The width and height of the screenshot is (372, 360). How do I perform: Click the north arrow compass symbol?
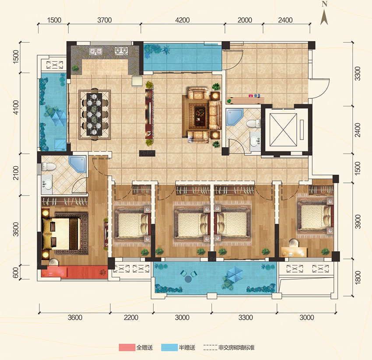(324, 14)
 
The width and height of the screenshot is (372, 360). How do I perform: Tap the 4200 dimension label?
(182, 20)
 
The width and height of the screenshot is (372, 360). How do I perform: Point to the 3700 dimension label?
(105, 20)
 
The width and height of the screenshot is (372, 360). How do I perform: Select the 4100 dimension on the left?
(16, 107)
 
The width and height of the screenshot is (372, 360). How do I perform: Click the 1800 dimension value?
(358, 277)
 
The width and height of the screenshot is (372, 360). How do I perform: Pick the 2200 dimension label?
(131, 317)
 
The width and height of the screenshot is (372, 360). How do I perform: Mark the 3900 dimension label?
(358, 221)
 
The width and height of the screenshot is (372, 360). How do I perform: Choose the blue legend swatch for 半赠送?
(169, 348)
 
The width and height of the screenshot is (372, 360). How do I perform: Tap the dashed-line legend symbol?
(210, 348)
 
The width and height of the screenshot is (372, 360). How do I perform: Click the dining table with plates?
(94, 114)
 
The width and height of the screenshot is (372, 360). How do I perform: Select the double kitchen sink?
(95, 51)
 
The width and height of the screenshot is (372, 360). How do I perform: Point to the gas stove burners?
(121, 51)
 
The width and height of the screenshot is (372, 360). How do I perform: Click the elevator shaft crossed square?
(284, 130)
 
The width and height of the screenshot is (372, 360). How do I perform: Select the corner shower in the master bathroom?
(77, 163)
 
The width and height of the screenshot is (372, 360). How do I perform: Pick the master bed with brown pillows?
(61, 234)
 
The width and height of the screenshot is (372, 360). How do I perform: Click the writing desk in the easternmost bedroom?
(294, 252)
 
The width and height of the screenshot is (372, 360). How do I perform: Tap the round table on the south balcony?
(188, 278)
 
